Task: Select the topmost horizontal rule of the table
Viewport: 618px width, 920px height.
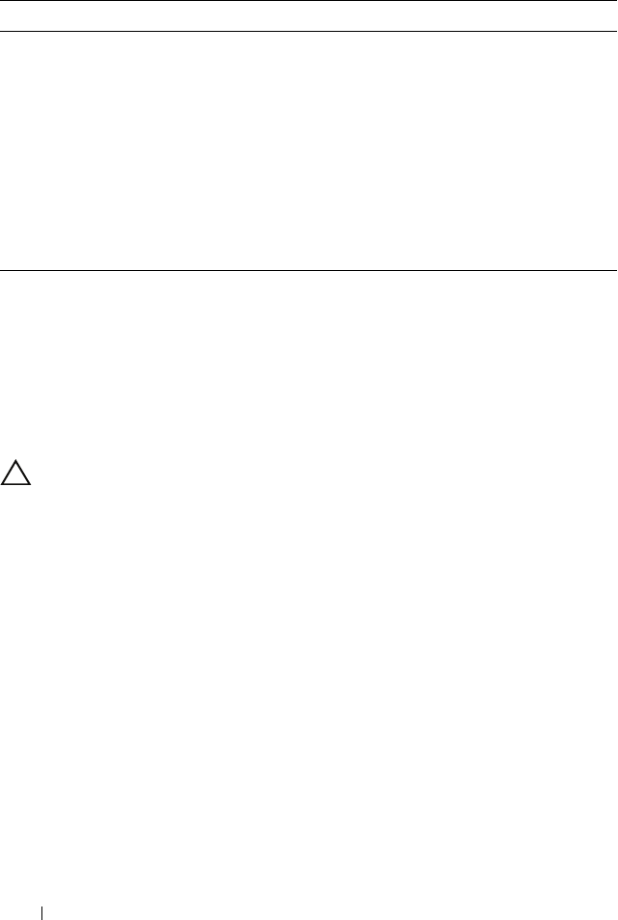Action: click(x=309, y=1)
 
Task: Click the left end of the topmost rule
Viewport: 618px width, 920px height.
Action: click(x=1, y=1)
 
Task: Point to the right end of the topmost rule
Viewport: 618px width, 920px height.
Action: click(x=616, y=1)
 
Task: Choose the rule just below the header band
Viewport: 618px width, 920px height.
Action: click(x=309, y=31)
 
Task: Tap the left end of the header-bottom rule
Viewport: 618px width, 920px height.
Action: click(x=1, y=31)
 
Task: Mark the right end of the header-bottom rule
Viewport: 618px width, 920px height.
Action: click(x=616, y=31)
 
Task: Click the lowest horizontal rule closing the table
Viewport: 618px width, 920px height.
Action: click(x=309, y=271)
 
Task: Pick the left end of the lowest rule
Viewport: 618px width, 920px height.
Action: click(x=1, y=271)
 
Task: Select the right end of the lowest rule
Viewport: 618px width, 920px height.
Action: click(x=616, y=271)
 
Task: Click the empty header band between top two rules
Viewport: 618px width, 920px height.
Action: click(x=309, y=16)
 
